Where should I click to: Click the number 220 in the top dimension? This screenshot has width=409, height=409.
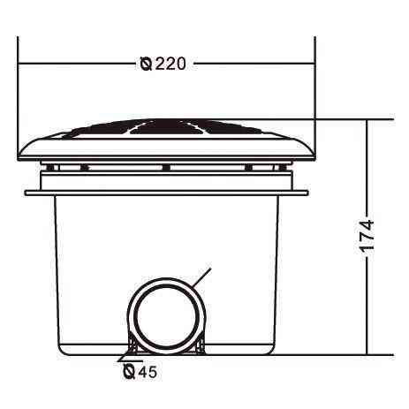click(170, 64)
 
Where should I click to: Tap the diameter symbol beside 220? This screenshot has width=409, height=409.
click(147, 64)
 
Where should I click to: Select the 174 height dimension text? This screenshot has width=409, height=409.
click(367, 235)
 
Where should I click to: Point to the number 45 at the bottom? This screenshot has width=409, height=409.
click(148, 372)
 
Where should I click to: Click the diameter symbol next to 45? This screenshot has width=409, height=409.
click(129, 372)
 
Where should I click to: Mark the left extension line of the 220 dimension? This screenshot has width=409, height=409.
click(18, 98)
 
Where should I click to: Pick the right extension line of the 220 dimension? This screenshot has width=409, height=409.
click(315, 98)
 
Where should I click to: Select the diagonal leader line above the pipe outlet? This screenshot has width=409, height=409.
click(201, 277)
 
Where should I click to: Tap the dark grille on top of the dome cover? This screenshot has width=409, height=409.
click(165, 127)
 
